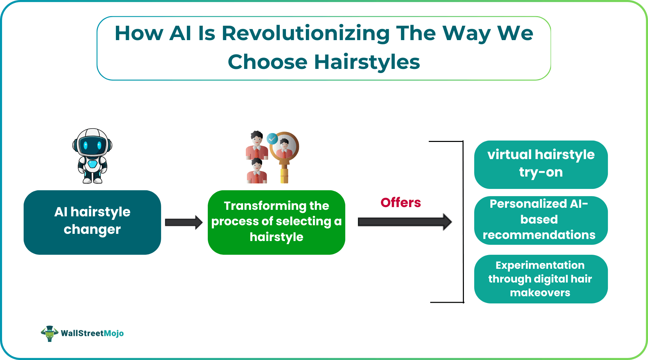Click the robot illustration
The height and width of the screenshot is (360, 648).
pos(92,156)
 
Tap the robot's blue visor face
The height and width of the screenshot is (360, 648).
pos(92,145)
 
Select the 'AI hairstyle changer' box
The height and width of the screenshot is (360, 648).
pos(92,222)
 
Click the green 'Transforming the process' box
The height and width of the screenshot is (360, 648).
pos(276,222)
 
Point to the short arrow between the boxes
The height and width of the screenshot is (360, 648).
pos(184,223)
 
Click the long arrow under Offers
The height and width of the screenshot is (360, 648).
pos(405,222)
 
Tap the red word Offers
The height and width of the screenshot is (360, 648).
pos(400,203)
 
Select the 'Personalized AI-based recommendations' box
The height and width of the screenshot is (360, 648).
pos(541,220)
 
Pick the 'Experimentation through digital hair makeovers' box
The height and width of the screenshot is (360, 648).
pos(541,279)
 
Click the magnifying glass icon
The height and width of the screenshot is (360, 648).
pos(285,151)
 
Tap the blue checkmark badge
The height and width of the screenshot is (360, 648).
pos(272,139)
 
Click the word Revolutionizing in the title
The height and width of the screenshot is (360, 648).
pos(305,33)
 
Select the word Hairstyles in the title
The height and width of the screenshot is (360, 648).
pos(367,62)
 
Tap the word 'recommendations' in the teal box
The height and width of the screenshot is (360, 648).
pos(539,235)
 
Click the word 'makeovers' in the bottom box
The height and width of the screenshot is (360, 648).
pos(540,292)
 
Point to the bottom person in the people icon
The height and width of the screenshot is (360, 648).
pos(256,171)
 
